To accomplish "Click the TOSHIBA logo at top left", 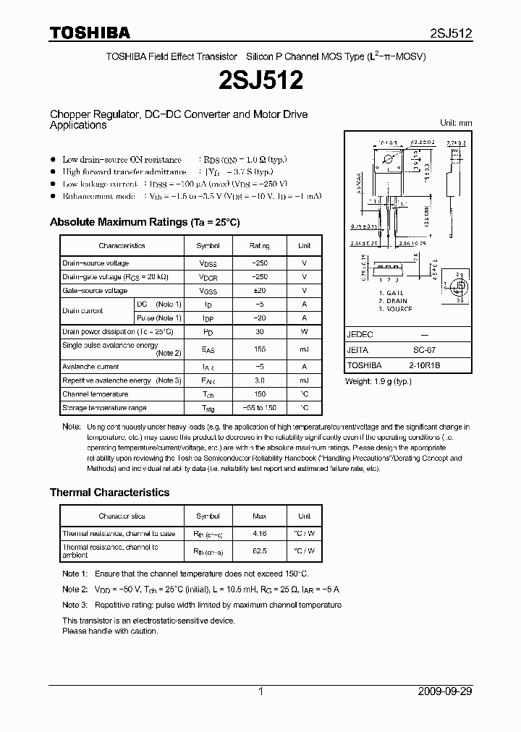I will point(90,33).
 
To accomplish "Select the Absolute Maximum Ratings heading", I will point(144,222).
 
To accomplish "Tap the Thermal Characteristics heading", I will point(109,493).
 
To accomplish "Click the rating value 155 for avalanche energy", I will point(259,349).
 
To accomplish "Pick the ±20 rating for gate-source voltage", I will point(259,291).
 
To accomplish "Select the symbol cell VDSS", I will point(208,263).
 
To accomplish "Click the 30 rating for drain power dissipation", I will point(259,332).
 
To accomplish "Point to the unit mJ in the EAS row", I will point(304,349).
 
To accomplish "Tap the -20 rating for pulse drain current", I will point(259,318).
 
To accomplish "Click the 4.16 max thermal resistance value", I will point(259,534).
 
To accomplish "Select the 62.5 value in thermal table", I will point(259,550).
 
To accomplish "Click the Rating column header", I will point(259,246).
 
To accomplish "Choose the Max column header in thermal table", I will point(259,516).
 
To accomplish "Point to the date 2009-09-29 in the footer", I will point(445,691).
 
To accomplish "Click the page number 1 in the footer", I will point(260,691).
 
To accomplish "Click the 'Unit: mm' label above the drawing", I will point(456,123).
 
